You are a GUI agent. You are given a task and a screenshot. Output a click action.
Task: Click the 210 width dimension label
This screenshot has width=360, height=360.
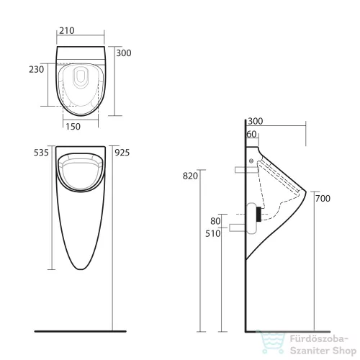pyautogui.click(x=67, y=31)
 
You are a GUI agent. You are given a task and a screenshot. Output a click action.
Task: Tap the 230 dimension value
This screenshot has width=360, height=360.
pyautogui.click(x=37, y=70)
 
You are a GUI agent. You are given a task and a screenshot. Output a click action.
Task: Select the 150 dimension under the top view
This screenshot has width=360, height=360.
pyautogui.click(x=73, y=127)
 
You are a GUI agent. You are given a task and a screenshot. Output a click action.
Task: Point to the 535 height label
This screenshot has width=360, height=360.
pyautogui.click(x=41, y=153)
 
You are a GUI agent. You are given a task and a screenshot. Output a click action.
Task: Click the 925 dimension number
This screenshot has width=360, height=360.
pyautogui.click(x=122, y=153)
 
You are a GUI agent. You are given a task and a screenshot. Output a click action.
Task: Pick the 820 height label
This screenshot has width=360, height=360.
pyautogui.click(x=190, y=176)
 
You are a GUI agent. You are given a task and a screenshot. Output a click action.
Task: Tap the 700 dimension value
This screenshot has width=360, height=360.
pyautogui.click(x=323, y=199)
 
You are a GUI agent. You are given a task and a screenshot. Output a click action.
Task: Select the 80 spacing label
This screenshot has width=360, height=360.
pyautogui.click(x=215, y=221)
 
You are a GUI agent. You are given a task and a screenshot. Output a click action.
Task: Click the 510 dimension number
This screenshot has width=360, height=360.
pyautogui.click(x=213, y=233)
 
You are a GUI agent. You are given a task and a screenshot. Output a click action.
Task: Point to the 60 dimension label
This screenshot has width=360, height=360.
pyautogui.click(x=252, y=134)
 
